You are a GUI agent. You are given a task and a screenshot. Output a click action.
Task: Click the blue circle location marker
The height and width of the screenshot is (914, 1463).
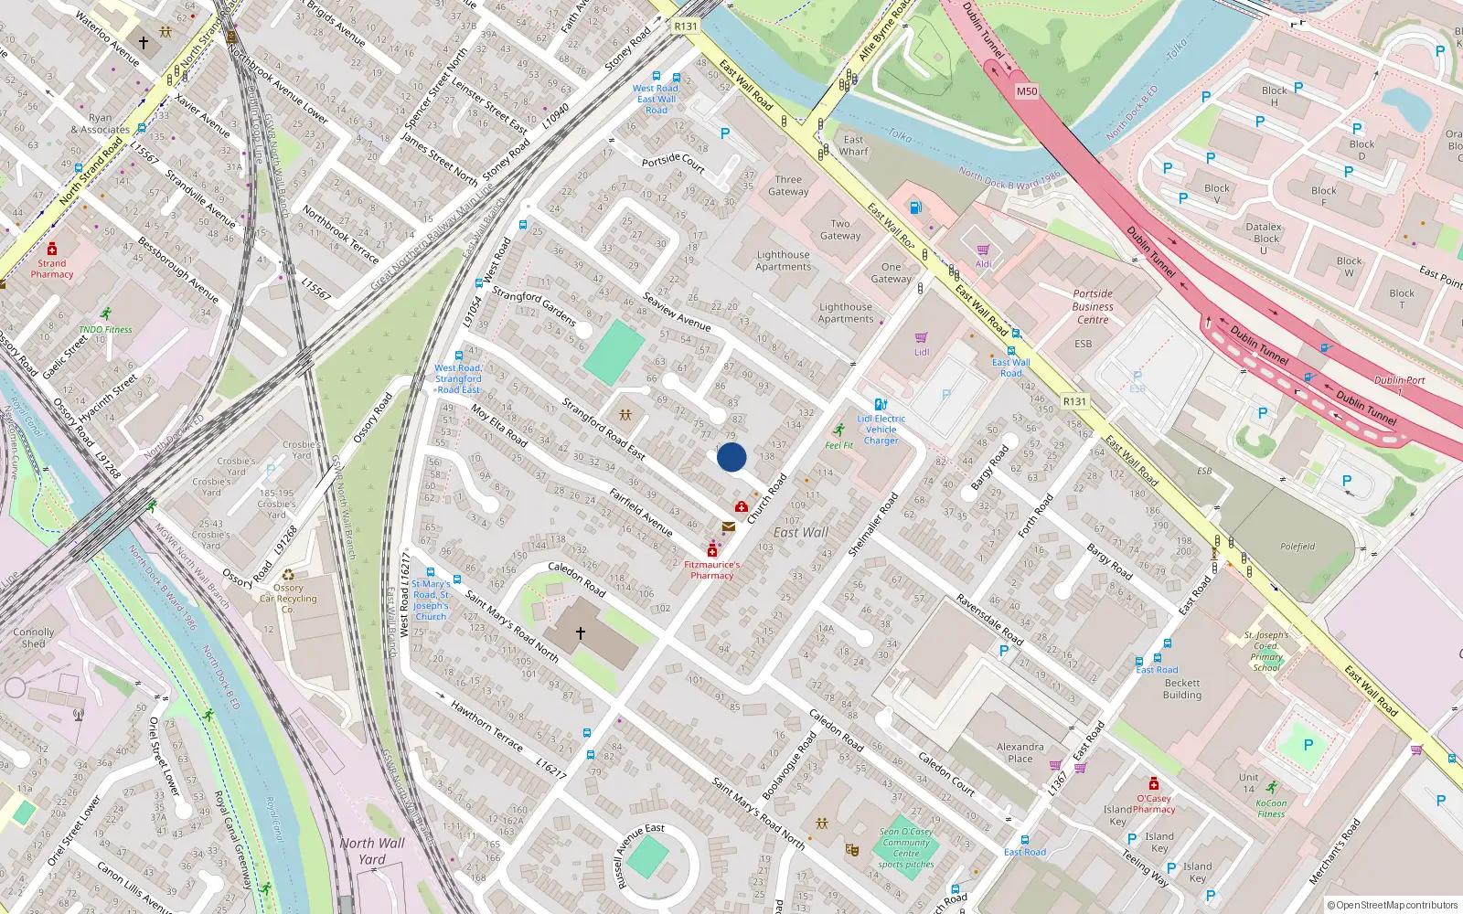(731, 457)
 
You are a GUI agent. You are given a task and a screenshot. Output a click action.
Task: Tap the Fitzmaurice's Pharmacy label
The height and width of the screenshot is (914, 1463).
(712, 570)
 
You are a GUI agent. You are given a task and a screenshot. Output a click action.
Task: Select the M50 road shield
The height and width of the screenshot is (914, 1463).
(1027, 91)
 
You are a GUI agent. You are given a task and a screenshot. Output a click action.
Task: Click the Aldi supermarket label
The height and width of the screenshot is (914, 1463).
(983, 264)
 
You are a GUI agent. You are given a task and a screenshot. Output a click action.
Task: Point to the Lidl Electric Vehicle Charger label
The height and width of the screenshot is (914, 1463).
(881, 430)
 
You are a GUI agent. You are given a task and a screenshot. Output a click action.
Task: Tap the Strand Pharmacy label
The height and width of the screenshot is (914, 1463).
(52, 269)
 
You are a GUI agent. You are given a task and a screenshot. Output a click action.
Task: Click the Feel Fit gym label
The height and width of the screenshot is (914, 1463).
(838, 445)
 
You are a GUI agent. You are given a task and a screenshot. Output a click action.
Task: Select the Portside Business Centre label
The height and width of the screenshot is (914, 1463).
(1093, 307)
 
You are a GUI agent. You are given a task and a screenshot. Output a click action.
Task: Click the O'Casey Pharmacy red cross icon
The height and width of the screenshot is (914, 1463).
(1154, 784)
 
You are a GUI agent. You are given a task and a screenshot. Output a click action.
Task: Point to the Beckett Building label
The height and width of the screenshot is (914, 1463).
(1182, 689)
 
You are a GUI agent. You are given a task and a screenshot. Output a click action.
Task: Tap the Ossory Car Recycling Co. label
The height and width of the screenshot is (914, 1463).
(288, 599)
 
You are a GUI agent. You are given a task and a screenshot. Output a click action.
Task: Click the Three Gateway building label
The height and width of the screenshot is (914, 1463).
(788, 186)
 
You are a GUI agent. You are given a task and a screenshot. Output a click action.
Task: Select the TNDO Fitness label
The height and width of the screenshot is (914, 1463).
(105, 330)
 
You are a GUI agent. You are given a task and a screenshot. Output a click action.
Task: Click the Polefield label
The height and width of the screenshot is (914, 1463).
(1297, 547)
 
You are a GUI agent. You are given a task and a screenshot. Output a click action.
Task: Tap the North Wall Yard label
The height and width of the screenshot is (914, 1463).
(372, 851)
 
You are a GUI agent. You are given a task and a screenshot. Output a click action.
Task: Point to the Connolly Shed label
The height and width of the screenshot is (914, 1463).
(34, 638)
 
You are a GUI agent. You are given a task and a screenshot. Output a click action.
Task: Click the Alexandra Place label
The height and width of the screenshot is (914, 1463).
(1020, 753)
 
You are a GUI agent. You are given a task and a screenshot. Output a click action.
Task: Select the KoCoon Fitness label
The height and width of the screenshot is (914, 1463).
(1271, 809)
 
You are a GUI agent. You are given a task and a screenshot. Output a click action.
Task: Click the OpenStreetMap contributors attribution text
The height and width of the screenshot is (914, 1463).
(1393, 905)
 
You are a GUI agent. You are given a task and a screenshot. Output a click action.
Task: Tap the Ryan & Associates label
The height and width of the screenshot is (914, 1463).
(100, 123)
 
